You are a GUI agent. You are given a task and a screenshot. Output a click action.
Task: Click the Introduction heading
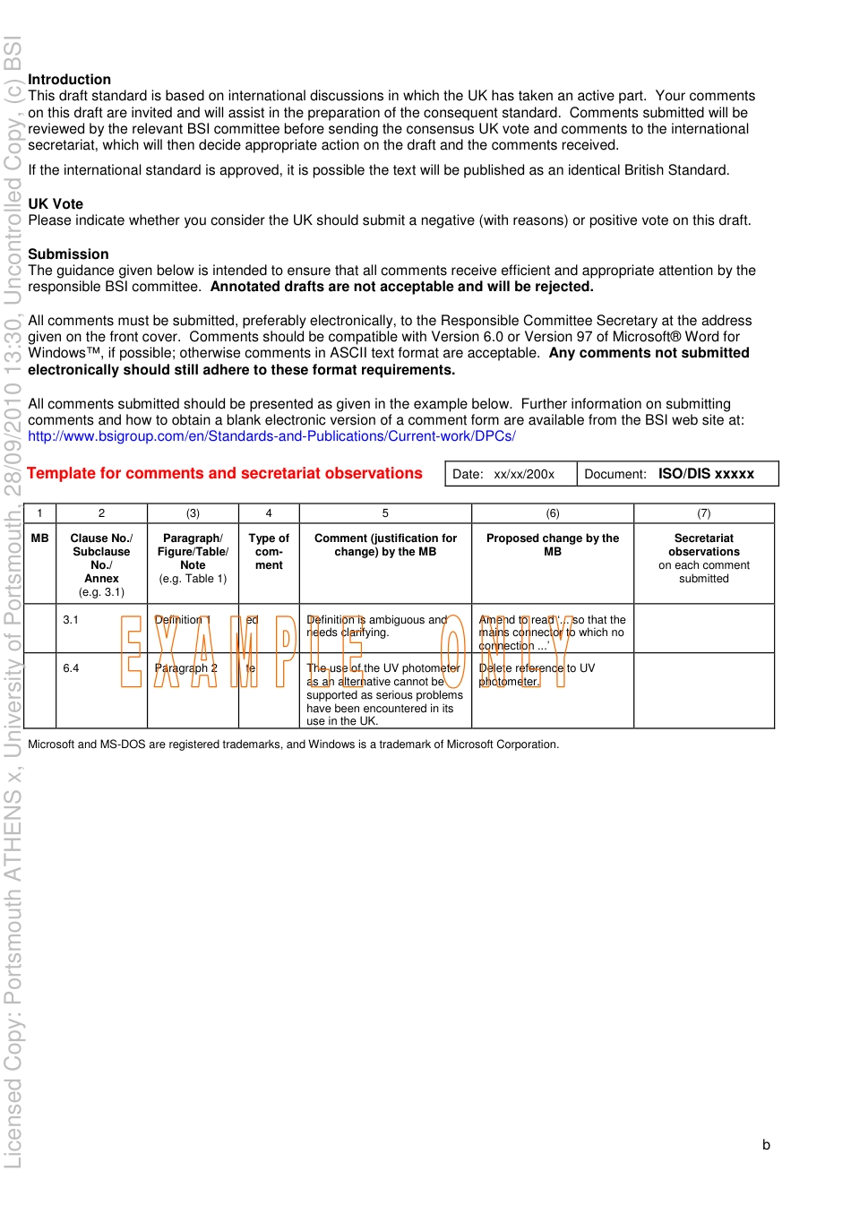[x=69, y=80]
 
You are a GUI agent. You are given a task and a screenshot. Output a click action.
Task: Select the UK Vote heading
[x=56, y=204]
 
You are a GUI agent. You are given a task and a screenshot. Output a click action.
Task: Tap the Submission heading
[x=68, y=254]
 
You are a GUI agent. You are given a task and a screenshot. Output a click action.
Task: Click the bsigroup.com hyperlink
[x=271, y=436]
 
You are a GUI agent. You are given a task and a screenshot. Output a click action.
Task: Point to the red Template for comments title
[x=225, y=474]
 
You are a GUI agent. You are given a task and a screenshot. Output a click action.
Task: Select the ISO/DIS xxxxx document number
[x=706, y=474]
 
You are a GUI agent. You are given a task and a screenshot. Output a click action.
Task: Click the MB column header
[x=40, y=538]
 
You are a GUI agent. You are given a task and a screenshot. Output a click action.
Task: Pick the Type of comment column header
[x=269, y=551]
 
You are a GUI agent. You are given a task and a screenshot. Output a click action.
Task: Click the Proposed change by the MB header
[x=553, y=545]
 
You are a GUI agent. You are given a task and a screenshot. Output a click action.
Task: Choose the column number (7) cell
[x=704, y=513]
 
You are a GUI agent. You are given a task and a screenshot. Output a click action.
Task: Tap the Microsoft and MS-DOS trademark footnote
[x=294, y=745]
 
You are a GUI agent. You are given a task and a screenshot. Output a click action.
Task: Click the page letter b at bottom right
[x=766, y=1145]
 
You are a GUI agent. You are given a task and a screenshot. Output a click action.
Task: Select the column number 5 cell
[x=385, y=513]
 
